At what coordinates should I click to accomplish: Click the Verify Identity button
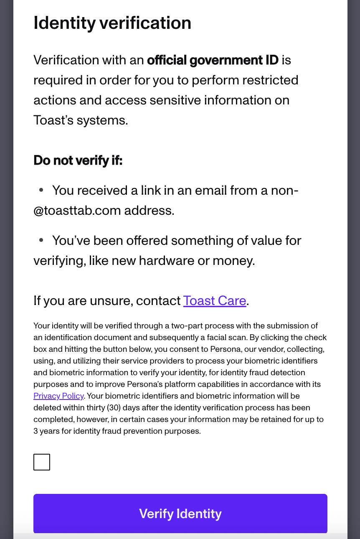pyautogui.click(x=180, y=514)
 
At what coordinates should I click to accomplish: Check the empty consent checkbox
pyautogui.click(x=42, y=462)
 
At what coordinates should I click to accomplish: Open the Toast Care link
pyautogui.click(x=215, y=301)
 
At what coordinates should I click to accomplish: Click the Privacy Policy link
pyautogui.click(x=59, y=396)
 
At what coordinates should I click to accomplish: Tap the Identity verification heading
pyautogui.click(x=112, y=23)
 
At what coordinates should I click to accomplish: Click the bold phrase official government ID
pyautogui.click(x=213, y=60)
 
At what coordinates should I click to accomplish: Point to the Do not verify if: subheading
pyautogui.click(x=78, y=160)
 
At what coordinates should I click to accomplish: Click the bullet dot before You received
pyautogui.click(x=41, y=190)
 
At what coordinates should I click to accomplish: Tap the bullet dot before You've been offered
pyautogui.click(x=41, y=240)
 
